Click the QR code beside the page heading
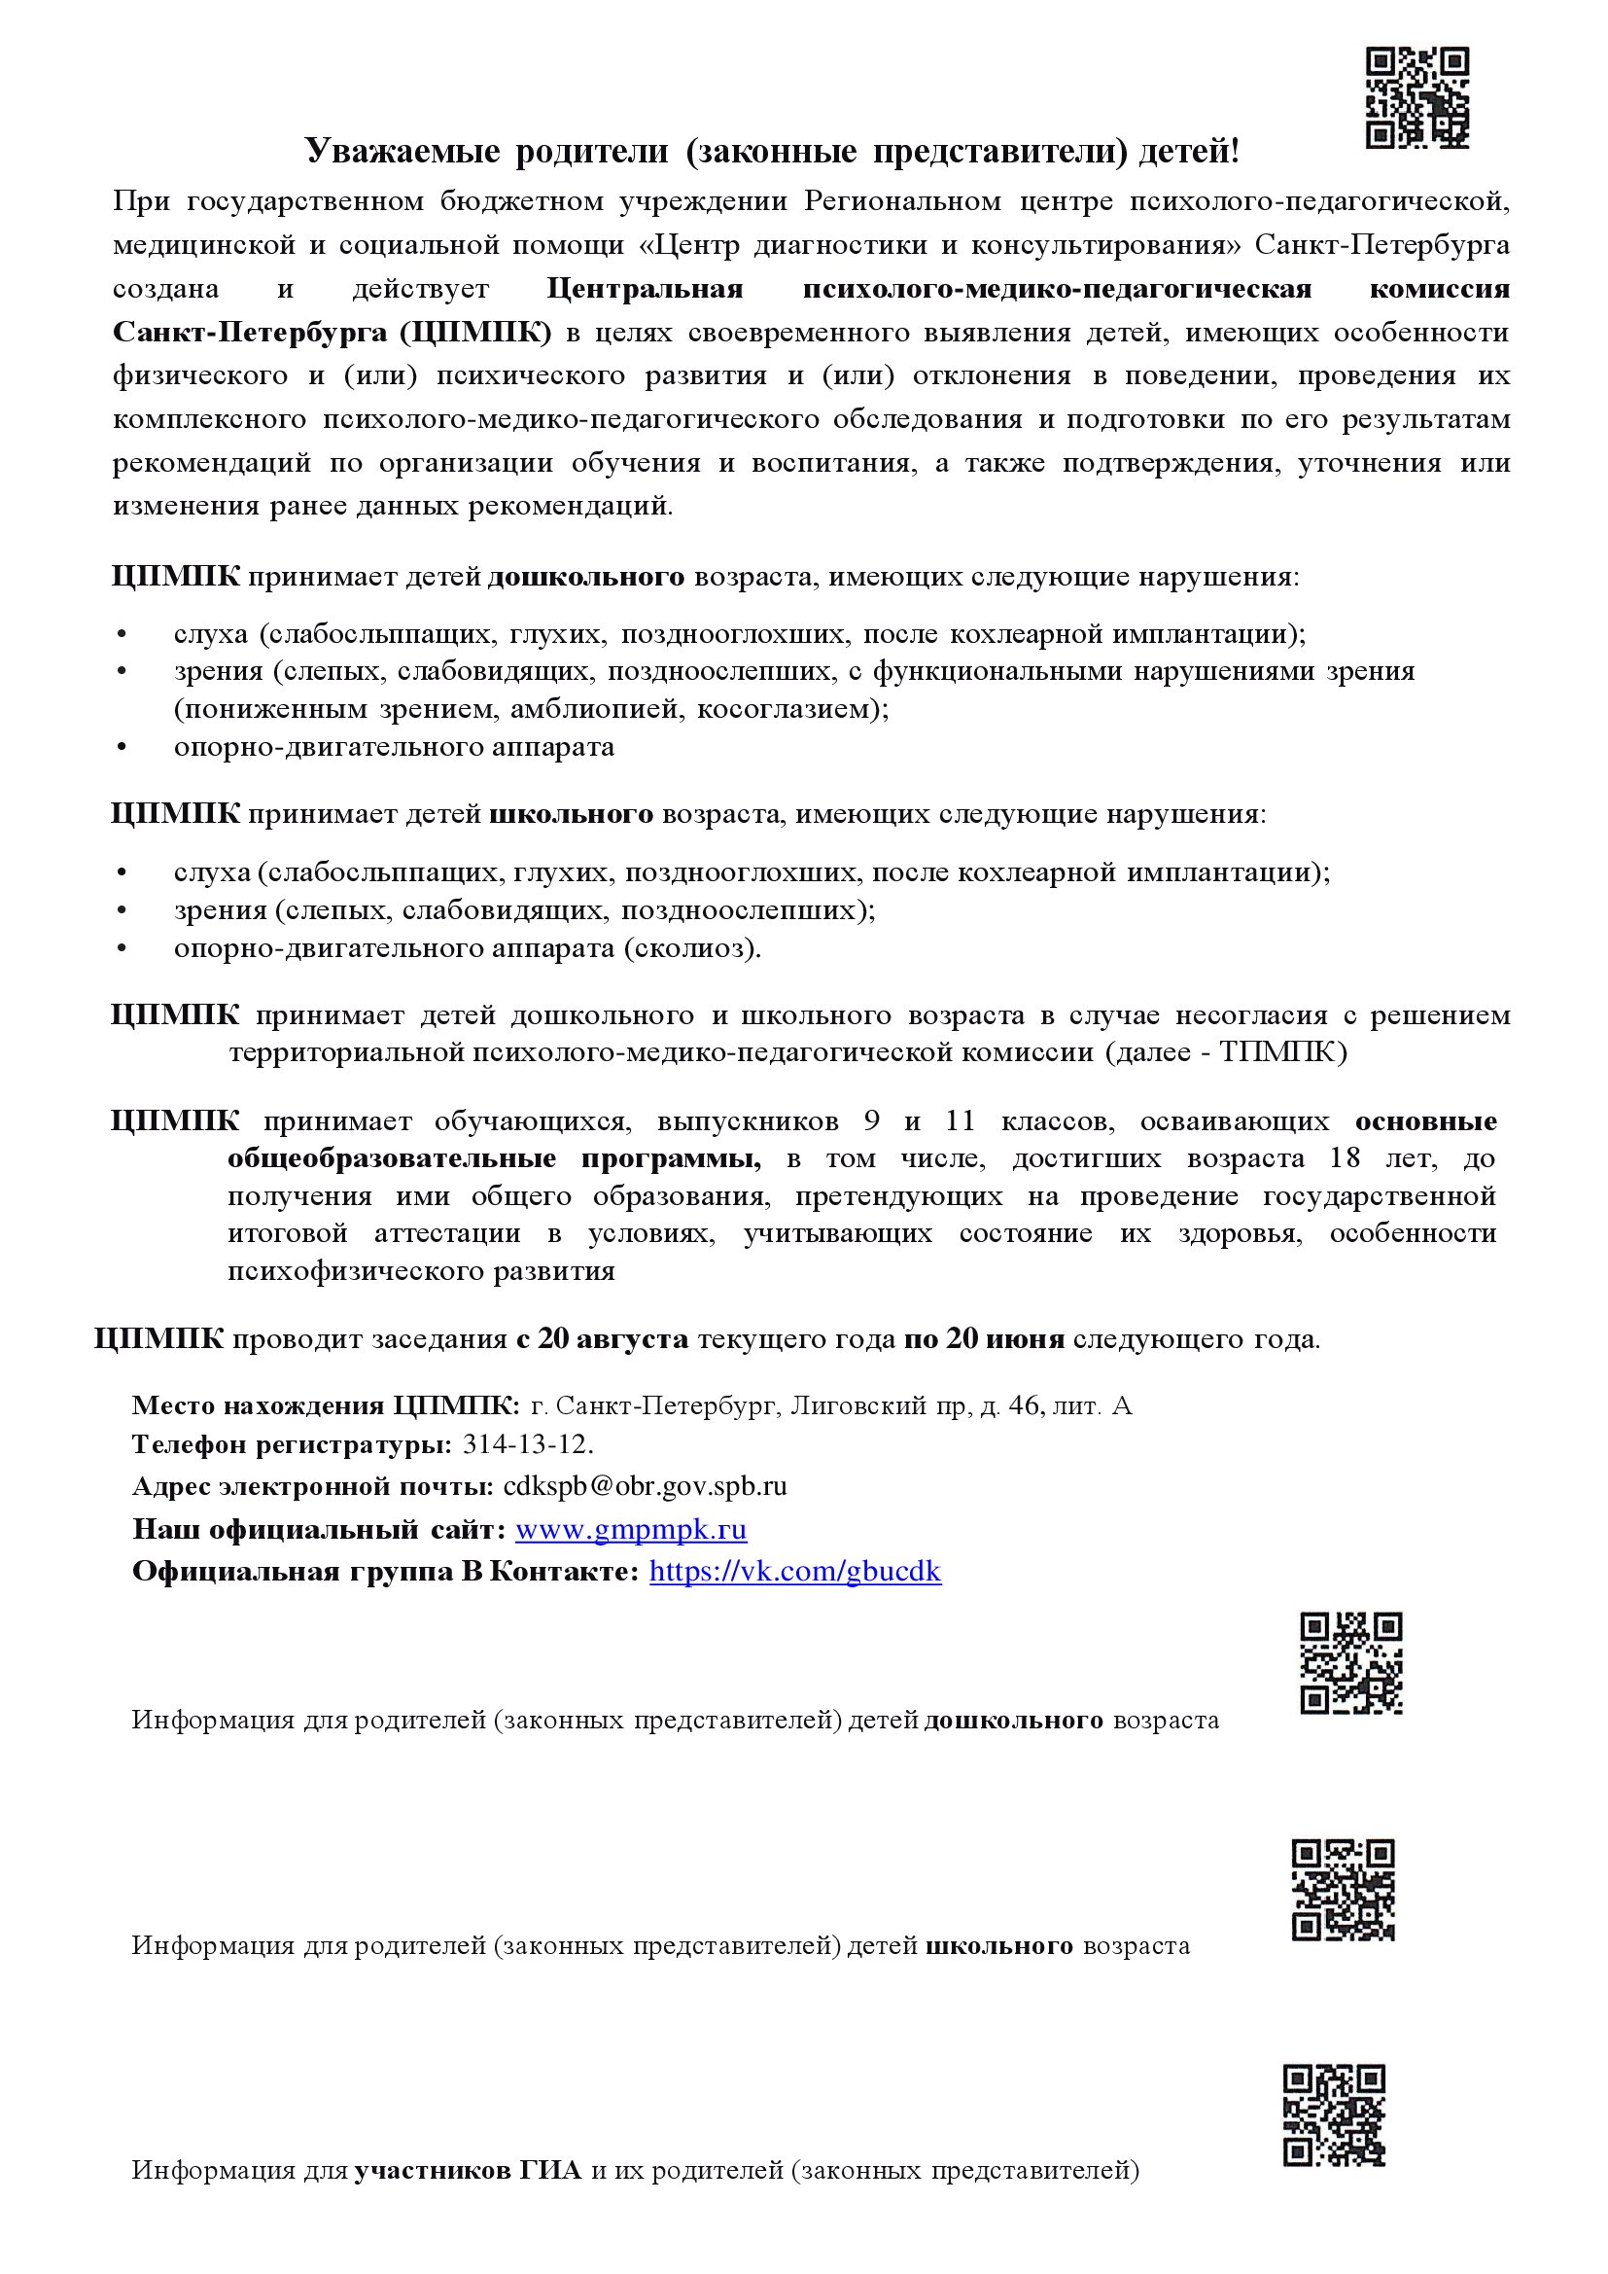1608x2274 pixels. (1416, 98)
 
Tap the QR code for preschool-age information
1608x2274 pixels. (1350, 1663)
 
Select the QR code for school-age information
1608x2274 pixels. (1343, 1890)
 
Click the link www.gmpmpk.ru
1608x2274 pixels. (631, 1529)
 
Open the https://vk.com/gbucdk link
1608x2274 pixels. (795, 1571)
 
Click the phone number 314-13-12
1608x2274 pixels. (527, 1444)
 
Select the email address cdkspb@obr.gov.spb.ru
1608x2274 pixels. (645, 1485)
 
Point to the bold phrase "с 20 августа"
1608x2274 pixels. (602, 1339)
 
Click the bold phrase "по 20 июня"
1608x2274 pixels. (984, 1339)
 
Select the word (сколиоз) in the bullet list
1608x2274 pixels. (692, 948)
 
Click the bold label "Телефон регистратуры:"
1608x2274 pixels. (292, 1444)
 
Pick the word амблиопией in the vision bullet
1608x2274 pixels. (605, 709)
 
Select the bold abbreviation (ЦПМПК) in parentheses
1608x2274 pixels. (476, 332)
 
